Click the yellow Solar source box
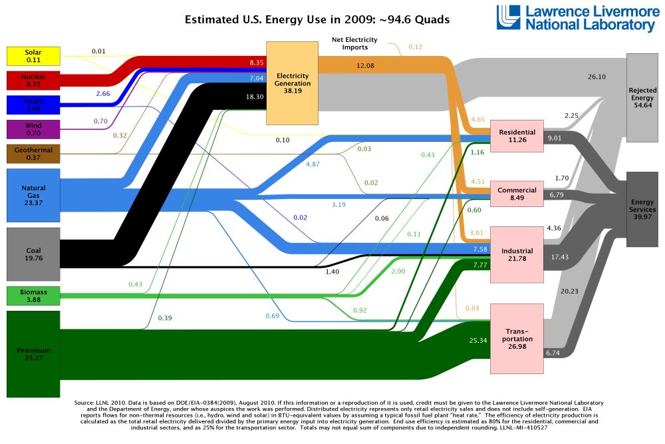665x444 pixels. [33, 56]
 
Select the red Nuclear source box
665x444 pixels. [33, 81]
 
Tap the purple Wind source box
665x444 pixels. [33, 129]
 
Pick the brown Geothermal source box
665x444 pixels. [33, 154]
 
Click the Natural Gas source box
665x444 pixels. [33, 194]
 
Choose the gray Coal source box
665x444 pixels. [33, 254]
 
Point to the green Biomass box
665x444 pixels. [33, 296]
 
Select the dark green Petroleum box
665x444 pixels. [33, 353]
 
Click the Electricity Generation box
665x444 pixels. [292, 83]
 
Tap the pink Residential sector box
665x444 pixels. [517, 136]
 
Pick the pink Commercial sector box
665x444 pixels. [517, 193]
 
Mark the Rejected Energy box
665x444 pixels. [642, 99]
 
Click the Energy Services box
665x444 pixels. [642, 209]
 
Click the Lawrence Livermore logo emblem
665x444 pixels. [509, 17]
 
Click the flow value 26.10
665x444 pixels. [597, 77]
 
